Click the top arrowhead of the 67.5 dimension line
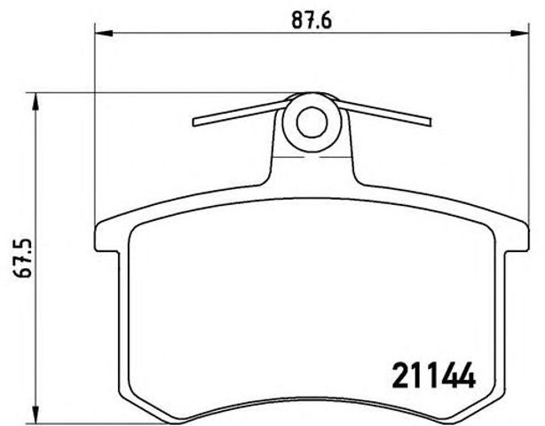pyautogui.click(x=36, y=99)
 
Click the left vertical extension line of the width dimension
pyautogui.click(x=94, y=133)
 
